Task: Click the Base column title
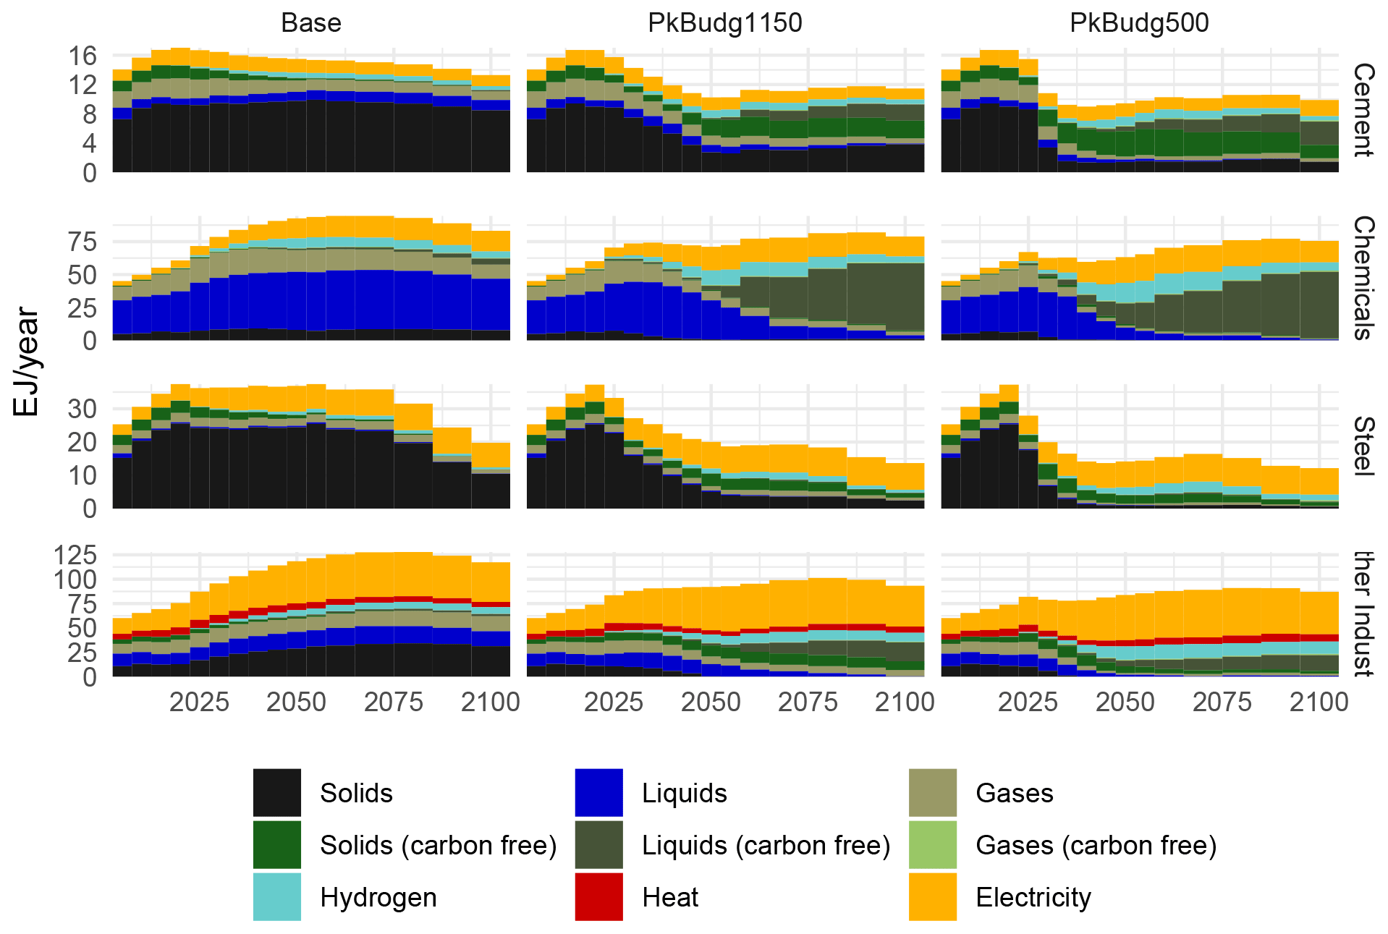310,23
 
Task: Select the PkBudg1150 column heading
724,23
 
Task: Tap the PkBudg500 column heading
1139,23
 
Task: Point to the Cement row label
1363,110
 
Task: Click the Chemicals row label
1363,278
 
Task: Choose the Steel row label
1363,446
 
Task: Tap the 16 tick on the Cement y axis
82,56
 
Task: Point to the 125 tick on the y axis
75,555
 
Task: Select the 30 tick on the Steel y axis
82,409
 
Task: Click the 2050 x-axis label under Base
296,702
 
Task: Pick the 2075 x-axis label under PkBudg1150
808,702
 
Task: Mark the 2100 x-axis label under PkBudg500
1319,702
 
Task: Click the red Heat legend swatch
598,897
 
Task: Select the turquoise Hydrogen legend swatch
276,897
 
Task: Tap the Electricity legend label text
1033,897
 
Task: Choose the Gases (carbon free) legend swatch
932,845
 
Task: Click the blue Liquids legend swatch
598,793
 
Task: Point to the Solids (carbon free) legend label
438,845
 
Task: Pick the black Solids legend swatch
276,793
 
